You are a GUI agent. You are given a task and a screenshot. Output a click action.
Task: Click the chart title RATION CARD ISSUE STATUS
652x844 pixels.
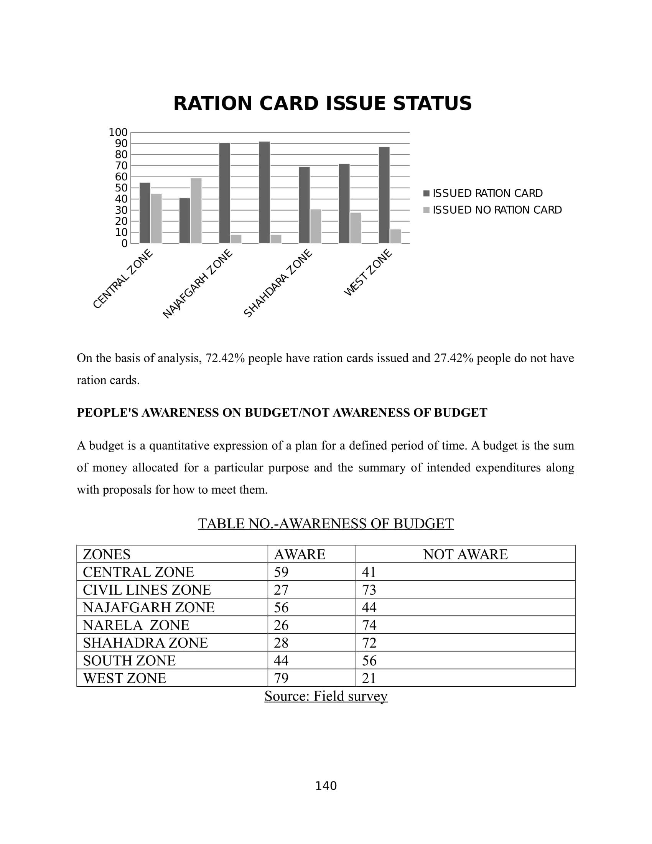[x=322, y=104]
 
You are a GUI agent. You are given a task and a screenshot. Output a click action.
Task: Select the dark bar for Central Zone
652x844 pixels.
[x=145, y=213]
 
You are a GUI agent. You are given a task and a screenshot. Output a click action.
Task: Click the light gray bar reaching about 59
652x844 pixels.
[x=196, y=211]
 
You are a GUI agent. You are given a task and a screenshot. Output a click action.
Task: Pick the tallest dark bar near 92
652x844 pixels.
[x=265, y=193]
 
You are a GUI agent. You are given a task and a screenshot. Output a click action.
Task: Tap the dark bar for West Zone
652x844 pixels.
[x=384, y=195]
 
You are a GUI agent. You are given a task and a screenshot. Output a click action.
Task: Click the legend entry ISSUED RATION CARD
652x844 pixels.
[x=487, y=193]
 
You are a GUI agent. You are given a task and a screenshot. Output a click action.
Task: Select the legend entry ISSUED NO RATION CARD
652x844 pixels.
[x=497, y=210]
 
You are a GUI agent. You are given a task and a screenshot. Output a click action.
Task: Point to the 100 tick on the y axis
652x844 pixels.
[x=118, y=133]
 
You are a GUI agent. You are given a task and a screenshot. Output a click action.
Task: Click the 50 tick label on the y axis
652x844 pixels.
[x=121, y=188]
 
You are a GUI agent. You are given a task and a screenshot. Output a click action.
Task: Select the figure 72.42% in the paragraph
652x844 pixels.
[x=225, y=358]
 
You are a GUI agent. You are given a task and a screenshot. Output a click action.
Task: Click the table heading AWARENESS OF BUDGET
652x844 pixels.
[x=326, y=524]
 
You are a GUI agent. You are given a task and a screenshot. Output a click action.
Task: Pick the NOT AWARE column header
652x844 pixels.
[x=465, y=555]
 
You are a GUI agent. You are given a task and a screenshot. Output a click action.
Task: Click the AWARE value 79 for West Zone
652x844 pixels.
[x=281, y=678]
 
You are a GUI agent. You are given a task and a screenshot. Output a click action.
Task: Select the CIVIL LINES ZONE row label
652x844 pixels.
[x=147, y=590]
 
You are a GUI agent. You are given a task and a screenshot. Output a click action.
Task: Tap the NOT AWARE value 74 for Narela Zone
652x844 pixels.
[x=369, y=625]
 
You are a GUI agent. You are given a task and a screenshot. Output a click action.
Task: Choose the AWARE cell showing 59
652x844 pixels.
[x=281, y=572]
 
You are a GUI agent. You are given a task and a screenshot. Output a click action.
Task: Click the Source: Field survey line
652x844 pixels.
[x=326, y=696]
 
